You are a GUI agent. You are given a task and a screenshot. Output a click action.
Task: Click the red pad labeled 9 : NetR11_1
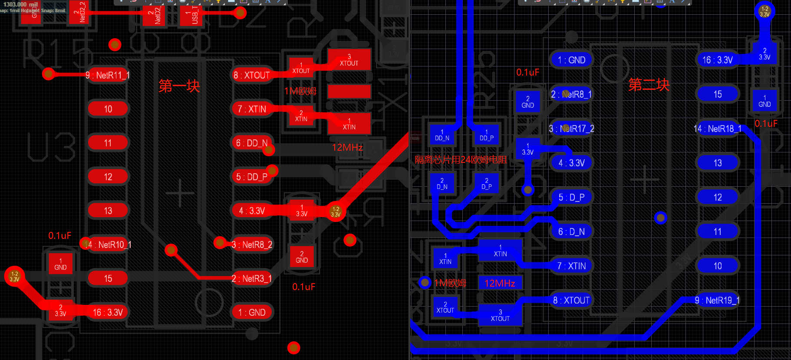pos(108,75)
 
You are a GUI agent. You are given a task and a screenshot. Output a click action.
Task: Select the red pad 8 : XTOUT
pos(252,75)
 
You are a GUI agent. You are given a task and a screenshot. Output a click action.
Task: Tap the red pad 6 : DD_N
pos(252,143)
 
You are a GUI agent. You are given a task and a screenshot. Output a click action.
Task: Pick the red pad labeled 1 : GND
pos(252,312)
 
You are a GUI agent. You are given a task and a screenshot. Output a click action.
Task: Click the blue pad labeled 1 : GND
pos(571,60)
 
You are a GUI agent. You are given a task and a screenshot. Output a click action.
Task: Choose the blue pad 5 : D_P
pos(571,197)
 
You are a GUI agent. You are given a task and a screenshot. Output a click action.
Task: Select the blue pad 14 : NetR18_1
pos(717,129)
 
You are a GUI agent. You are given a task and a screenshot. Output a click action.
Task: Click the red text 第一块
pos(179,86)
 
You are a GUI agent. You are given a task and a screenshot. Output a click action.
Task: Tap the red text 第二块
pos(649,85)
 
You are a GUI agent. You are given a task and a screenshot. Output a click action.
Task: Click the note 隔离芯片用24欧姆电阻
pos(461,160)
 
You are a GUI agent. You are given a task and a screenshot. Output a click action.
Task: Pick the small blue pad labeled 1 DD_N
pos(442,135)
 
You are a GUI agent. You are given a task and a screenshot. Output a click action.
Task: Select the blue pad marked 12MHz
pos(500,283)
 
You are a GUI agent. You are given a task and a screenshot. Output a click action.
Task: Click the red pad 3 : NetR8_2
pos(252,244)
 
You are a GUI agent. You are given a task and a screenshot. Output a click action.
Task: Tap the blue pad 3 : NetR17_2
pos(571,129)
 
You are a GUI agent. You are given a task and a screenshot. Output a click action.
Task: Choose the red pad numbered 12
pos(108,177)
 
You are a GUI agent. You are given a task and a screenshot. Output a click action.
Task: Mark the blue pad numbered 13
pos(717,163)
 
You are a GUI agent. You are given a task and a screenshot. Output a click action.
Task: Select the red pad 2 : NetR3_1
pos(252,278)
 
